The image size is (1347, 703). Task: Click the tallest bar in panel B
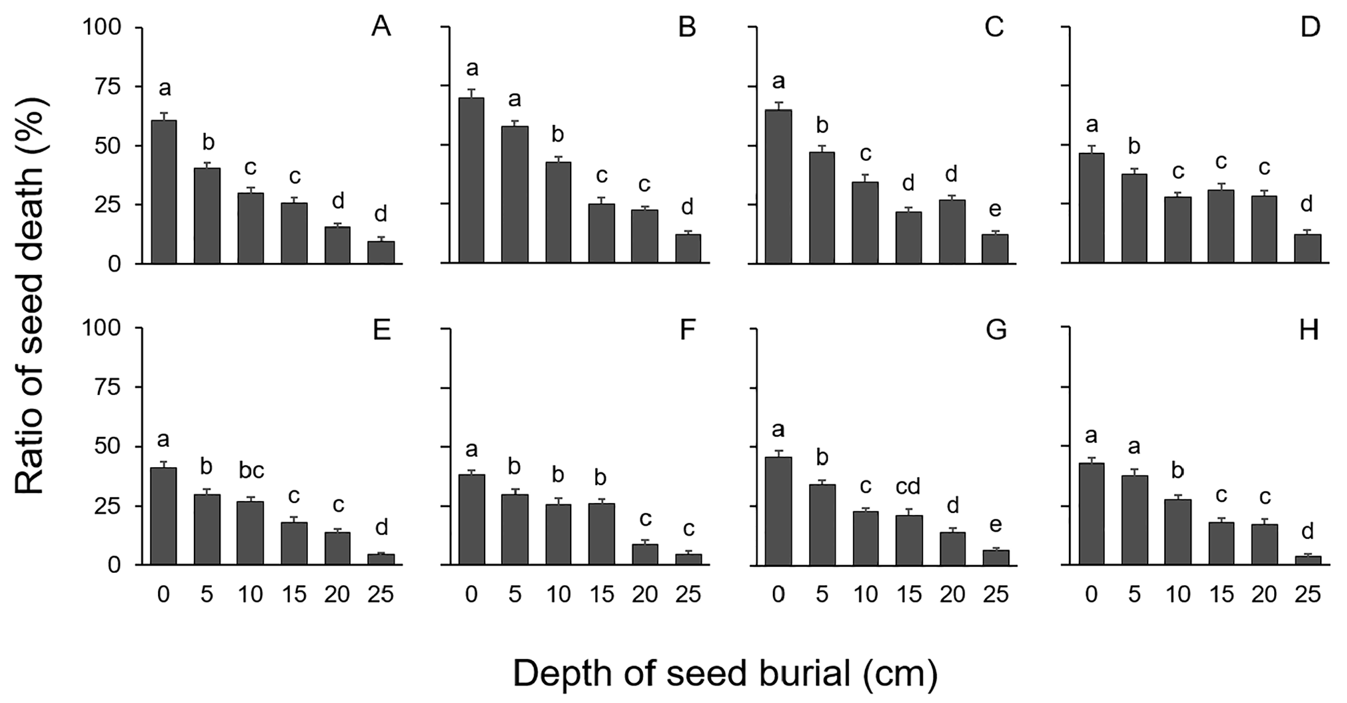(x=471, y=180)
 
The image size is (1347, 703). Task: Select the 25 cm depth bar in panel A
(x=381, y=252)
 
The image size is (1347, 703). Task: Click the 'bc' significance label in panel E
(x=251, y=471)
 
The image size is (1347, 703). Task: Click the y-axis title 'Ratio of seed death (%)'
(x=31, y=297)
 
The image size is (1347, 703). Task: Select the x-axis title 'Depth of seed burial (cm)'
(x=725, y=674)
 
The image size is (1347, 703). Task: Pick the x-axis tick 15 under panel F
(x=601, y=594)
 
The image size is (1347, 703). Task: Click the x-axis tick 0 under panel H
(x=1092, y=594)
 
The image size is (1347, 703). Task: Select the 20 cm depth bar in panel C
(x=952, y=231)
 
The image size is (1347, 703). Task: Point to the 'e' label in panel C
(x=995, y=209)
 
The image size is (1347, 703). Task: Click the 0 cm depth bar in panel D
(x=1092, y=208)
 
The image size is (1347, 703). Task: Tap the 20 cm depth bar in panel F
(x=645, y=554)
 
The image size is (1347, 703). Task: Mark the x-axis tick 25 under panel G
(x=995, y=594)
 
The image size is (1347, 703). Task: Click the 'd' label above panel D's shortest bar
(x=1307, y=205)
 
